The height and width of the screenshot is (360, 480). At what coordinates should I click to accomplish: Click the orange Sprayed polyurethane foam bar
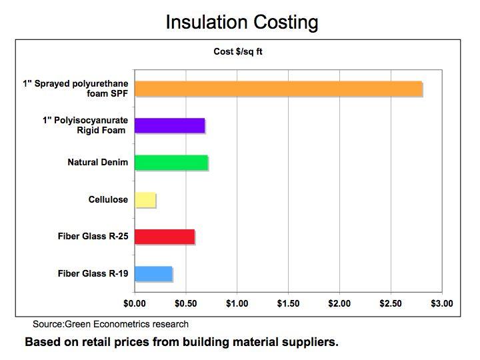coord(278,89)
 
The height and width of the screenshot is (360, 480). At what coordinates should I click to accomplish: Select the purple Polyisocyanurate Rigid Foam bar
coord(169,125)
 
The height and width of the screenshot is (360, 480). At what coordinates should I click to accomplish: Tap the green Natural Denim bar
coord(171,162)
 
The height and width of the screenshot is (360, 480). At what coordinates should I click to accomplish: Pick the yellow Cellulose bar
coord(145,199)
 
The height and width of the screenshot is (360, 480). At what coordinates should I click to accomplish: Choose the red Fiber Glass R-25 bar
coord(165,237)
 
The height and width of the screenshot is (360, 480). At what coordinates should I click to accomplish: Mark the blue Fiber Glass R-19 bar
coord(153,273)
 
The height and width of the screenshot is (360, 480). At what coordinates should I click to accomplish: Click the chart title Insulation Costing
coord(241,22)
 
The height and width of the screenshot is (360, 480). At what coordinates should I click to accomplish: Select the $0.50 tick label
coord(186,303)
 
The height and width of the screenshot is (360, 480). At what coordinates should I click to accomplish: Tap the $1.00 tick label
coord(237,303)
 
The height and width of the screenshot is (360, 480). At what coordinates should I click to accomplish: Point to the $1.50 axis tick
coord(288,303)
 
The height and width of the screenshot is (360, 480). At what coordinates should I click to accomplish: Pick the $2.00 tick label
coord(339,303)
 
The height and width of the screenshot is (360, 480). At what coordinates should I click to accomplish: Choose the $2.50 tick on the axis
coord(391,303)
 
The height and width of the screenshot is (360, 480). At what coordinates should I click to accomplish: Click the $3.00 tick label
coord(441,303)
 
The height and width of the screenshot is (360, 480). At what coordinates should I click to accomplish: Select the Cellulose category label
coord(108,199)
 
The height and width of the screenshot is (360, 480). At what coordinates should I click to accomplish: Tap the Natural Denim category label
coord(98,162)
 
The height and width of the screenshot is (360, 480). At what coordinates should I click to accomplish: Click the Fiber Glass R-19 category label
coord(93,273)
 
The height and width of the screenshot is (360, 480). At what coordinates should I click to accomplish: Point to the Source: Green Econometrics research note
coord(111,325)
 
